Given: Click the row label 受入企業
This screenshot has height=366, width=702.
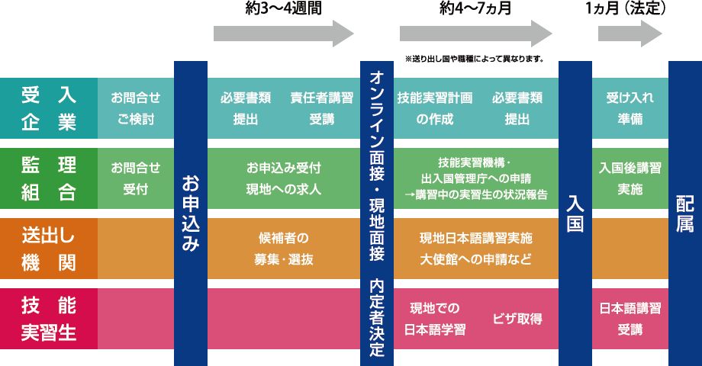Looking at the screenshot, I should [x=49, y=108].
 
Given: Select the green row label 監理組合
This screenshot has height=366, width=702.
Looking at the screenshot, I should [x=49, y=178].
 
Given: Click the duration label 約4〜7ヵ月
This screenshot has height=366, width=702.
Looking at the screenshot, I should [x=475, y=9].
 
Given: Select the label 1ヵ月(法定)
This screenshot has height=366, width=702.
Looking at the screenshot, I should [x=626, y=9].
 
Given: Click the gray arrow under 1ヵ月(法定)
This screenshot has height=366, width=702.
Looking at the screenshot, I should [x=630, y=33].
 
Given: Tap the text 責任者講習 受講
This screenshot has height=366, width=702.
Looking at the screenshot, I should [x=321, y=108].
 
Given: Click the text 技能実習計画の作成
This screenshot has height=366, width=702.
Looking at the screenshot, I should [x=434, y=108].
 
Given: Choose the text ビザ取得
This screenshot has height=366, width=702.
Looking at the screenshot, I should [x=517, y=319].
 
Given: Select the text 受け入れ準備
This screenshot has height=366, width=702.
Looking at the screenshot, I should [x=630, y=108].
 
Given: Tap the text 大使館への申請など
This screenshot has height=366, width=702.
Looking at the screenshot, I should [x=475, y=258].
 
